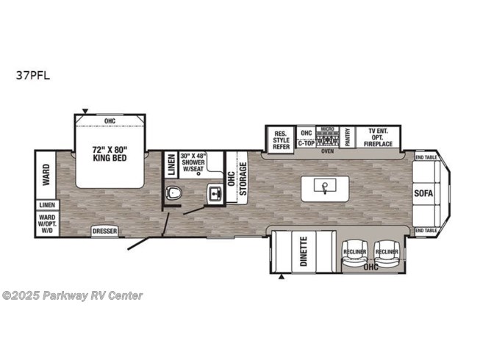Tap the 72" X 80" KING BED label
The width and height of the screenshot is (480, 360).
point(110,152)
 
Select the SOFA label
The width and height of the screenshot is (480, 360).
point(424,193)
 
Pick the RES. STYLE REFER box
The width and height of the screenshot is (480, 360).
point(282,137)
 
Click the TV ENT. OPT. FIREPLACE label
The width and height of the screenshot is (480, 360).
point(380,137)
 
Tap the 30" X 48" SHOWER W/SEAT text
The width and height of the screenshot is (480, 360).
point(198,163)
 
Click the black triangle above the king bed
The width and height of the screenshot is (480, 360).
point(85,112)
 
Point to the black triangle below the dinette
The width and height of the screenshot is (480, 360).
point(281,276)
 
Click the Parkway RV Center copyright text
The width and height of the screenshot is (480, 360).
point(72,295)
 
